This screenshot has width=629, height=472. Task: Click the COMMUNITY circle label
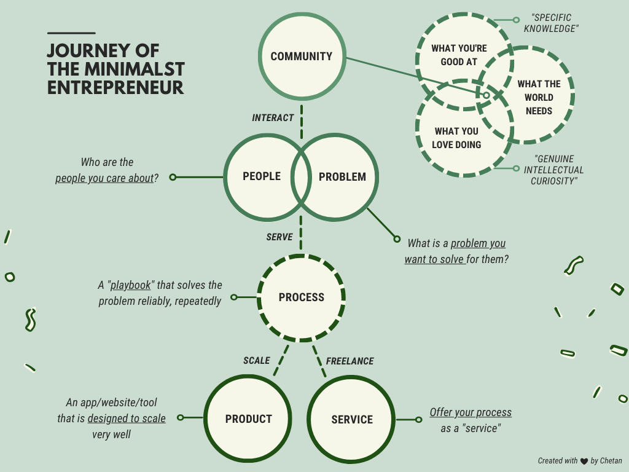click(x=301, y=57)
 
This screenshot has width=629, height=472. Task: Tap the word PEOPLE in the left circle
click(x=262, y=176)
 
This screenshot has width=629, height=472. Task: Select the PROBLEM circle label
click(x=342, y=177)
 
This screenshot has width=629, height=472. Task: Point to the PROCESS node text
click(x=301, y=297)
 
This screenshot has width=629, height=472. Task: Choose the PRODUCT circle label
click(x=248, y=419)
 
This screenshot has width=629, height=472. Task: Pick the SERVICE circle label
click(x=352, y=420)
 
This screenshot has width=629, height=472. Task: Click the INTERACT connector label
click(x=273, y=117)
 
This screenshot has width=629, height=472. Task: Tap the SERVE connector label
click(x=279, y=237)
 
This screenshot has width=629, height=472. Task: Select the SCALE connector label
click(x=257, y=361)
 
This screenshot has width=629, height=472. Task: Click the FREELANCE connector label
click(x=350, y=361)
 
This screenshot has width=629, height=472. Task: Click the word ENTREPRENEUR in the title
click(x=115, y=87)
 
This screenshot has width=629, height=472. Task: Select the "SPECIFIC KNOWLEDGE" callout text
click(x=552, y=23)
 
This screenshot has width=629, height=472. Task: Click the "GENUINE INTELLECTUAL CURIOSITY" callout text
click(x=555, y=170)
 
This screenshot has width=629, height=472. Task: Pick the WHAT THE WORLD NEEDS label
click(x=539, y=97)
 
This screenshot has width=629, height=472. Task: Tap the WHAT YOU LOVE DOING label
click(x=457, y=138)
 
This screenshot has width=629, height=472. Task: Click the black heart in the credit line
click(x=584, y=461)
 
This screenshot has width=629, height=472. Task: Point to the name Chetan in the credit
click(x=611, y=461)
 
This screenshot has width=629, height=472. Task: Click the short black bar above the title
click(x=71, y=33)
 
